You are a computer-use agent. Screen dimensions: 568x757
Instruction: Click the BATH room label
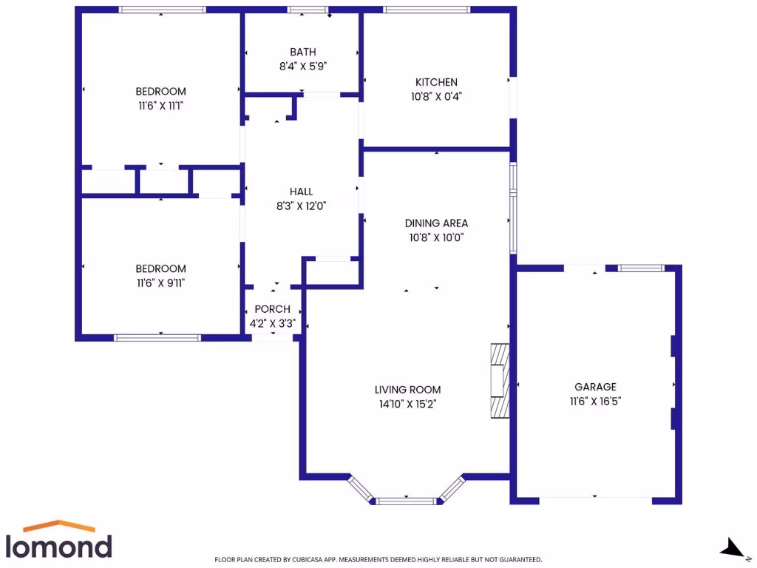click(x=302, y=52)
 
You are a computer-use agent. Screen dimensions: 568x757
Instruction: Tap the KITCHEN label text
click(x=436, y=82)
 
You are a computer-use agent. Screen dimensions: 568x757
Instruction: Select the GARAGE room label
click(x=595, y=387)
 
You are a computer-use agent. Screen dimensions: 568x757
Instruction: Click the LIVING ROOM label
click(x=407, y=390)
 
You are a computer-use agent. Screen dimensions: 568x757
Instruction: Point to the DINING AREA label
click(x=436, y=223)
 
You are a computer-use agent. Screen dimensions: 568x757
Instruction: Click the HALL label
click(x=301, y=192)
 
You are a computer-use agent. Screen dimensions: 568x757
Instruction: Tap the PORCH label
click(x=272, y=309)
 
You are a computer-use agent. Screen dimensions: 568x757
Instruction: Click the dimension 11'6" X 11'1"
click(x=160, y=106)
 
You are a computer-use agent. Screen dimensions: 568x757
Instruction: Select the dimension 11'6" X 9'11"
click(x=160, y=283)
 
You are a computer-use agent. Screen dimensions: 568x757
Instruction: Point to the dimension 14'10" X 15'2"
click(x=407, y=404)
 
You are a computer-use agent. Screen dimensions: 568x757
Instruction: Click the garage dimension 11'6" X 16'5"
click(x=595, y=401)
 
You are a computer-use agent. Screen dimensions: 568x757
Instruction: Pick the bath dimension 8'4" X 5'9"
click(x=302, y=66)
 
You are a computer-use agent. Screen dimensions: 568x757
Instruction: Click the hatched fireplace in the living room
click(x=500, y=381)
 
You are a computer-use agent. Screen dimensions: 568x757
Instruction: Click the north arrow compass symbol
click(x=732, y=548)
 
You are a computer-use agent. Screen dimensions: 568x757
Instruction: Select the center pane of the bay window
click(x=408, y=501)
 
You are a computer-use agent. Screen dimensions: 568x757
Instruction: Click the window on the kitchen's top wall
click(x=426, y=10)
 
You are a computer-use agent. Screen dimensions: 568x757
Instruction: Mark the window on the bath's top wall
click(x=307, y=10)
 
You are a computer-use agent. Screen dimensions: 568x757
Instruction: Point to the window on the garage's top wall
click(x=641, y=268)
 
